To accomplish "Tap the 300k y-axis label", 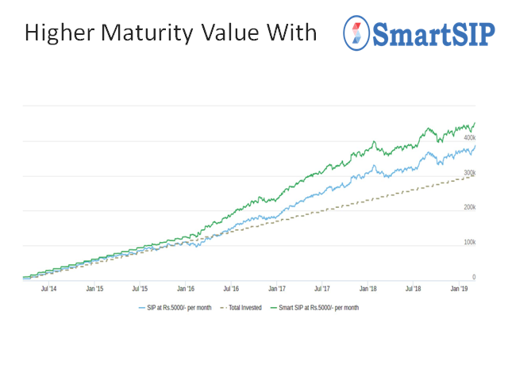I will tap(469, 173).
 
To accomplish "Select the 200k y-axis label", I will tap(469, 208).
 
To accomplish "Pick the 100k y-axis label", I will tap(469, 243).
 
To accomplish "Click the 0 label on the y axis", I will tap(474, 278).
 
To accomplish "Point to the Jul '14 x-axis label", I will tap(48, 290).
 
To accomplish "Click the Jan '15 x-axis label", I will tap(94, 290).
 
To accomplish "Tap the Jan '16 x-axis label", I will tap(187, 290).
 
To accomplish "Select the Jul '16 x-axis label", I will tap(233, 290).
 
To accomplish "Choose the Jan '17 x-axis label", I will tap(278, 290).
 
